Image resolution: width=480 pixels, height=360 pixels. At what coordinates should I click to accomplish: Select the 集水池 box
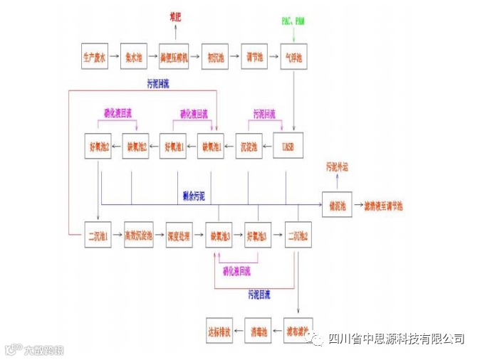(x=134, y=57)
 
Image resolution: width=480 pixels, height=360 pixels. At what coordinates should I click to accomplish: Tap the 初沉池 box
(x=215, y=57)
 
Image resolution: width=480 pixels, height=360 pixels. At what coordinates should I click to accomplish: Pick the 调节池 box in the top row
(x=255, y=57)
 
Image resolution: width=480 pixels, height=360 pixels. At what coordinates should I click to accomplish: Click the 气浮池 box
(x=293, y=57)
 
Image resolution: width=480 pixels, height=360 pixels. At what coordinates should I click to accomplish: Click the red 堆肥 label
(x=175, y=16)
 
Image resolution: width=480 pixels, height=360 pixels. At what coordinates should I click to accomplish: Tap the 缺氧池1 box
(x=213, y=147)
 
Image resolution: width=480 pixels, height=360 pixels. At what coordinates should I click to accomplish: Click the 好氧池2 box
(x=98, y=147)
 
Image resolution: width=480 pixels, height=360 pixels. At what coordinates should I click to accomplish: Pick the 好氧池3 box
(x=258, y=235)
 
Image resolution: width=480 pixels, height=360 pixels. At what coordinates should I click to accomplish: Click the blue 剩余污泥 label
(x=193, y=195)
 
